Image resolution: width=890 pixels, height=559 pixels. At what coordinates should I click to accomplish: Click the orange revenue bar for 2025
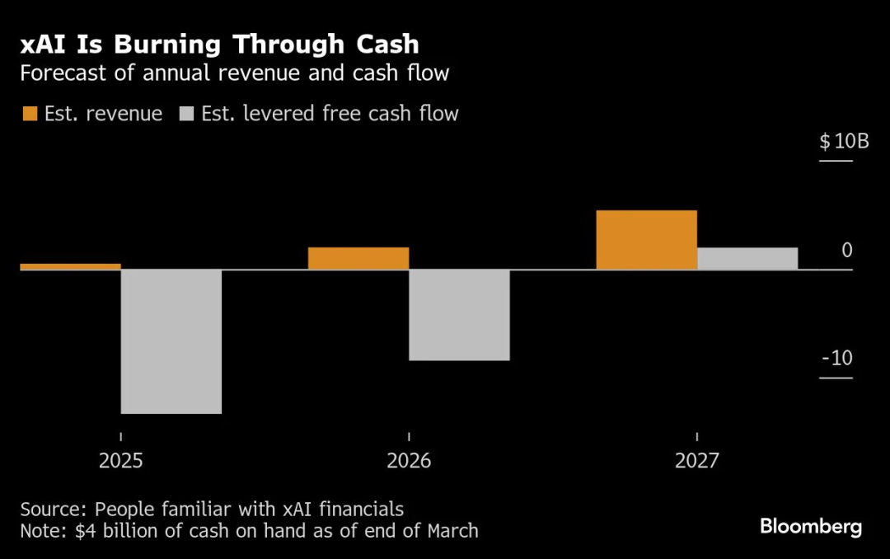click(70, 266)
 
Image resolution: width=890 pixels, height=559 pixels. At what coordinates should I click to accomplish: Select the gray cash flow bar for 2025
click(171, 341)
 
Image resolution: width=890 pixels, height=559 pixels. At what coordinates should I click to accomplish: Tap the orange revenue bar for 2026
click(358, 258)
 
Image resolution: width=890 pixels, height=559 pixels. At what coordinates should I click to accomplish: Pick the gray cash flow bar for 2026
click(459, 315)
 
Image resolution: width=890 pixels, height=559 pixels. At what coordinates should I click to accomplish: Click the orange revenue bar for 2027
click(646, 240)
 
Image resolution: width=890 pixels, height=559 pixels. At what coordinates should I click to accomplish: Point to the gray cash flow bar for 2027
click(747, 258)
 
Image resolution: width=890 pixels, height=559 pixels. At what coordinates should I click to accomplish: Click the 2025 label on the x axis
click(121, 461)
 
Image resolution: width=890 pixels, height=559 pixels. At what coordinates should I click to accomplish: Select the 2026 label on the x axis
click(409, 461)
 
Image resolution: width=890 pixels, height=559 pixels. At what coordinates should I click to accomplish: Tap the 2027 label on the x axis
click(696, 461)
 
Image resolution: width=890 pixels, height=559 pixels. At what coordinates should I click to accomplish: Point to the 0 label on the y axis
click(847, 251)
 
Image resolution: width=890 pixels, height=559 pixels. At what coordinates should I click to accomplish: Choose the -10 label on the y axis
click(836, 359)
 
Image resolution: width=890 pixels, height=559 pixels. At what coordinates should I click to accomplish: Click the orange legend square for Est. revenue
click(30, 114)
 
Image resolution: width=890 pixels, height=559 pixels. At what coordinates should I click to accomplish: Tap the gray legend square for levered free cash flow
click(185, 114)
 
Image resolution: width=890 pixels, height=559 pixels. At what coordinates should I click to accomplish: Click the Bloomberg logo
click(810, 527)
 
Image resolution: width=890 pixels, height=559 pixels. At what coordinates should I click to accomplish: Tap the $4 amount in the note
click(85, 530)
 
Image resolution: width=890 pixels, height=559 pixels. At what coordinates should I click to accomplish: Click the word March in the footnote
click(452, 530)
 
